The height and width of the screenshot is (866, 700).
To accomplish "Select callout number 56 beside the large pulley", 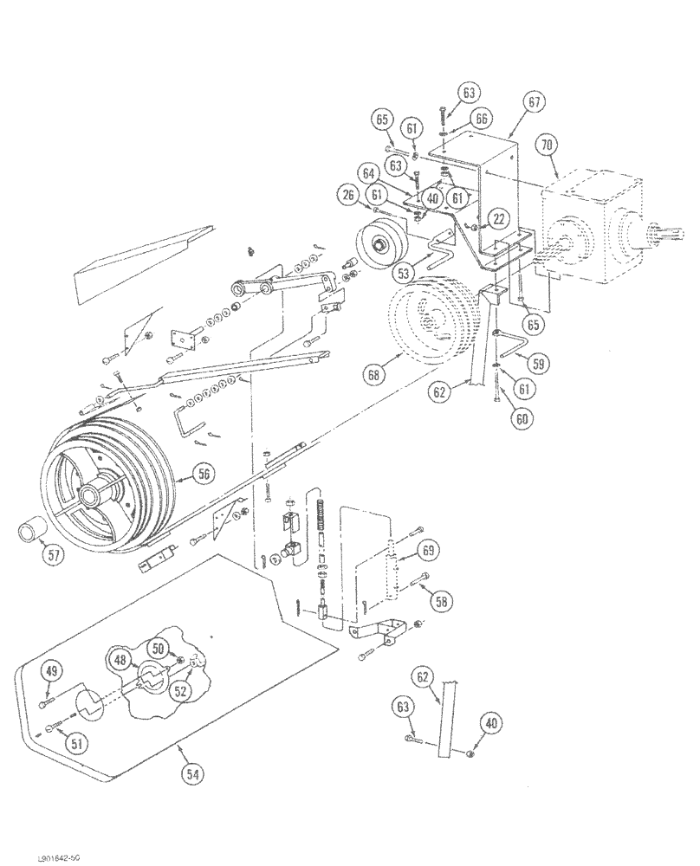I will click(x=204, y=472).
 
